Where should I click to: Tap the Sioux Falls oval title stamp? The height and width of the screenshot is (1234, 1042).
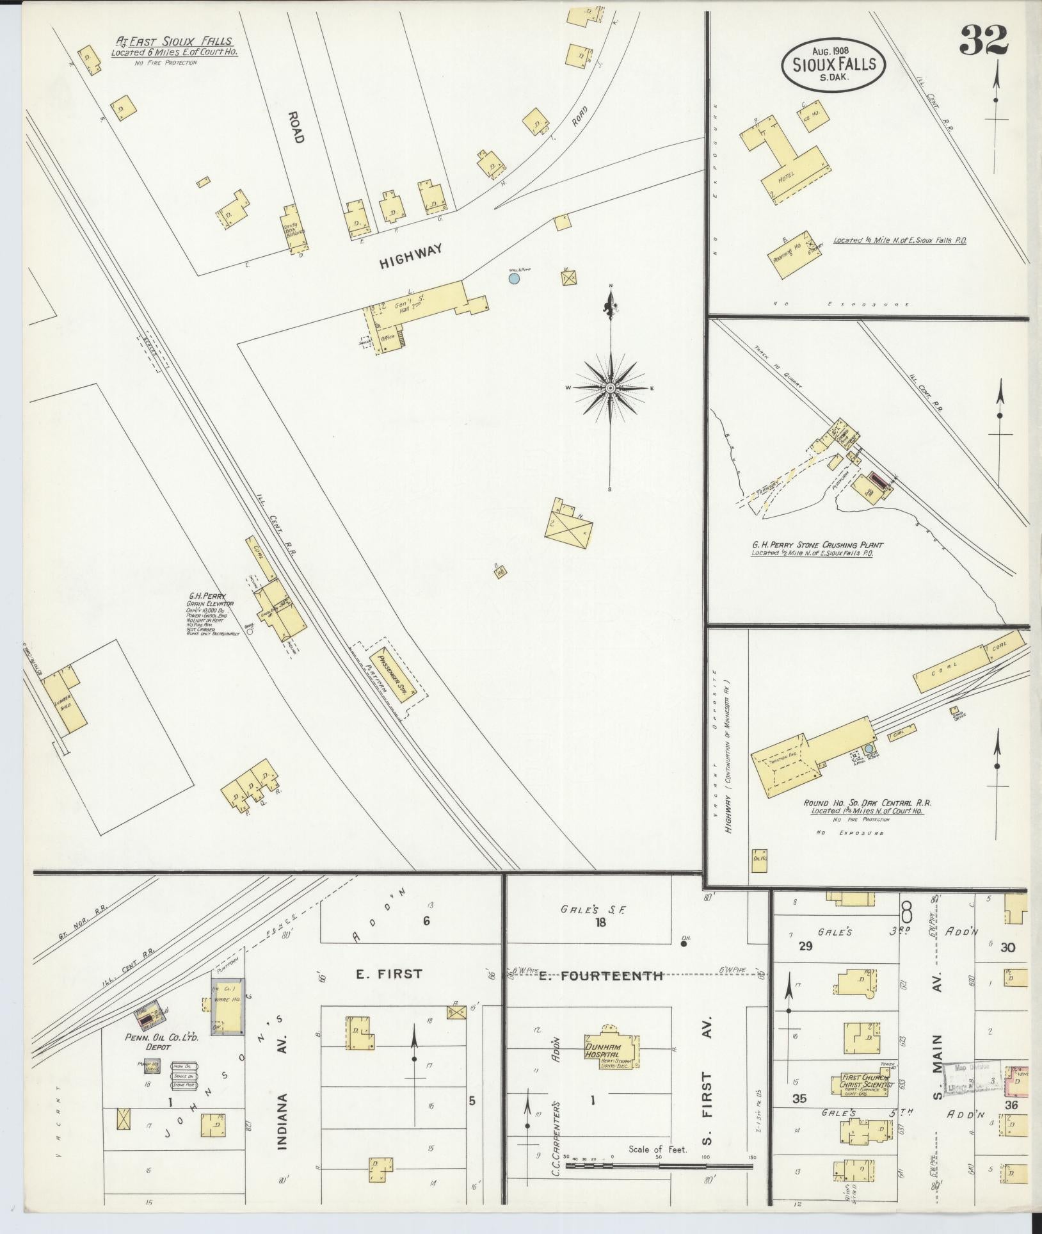click(833, 65)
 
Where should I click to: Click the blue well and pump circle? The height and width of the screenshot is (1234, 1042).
click(513, 278)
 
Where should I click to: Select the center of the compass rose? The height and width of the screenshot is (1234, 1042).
click(611, 388)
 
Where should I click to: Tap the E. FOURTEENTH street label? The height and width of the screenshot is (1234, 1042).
click(600, 977)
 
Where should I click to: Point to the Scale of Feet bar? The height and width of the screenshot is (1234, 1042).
click(659, 1165)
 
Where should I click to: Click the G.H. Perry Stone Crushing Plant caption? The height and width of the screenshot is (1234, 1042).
click(817, 545)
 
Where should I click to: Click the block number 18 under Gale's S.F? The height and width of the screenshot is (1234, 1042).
click(600, 923)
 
